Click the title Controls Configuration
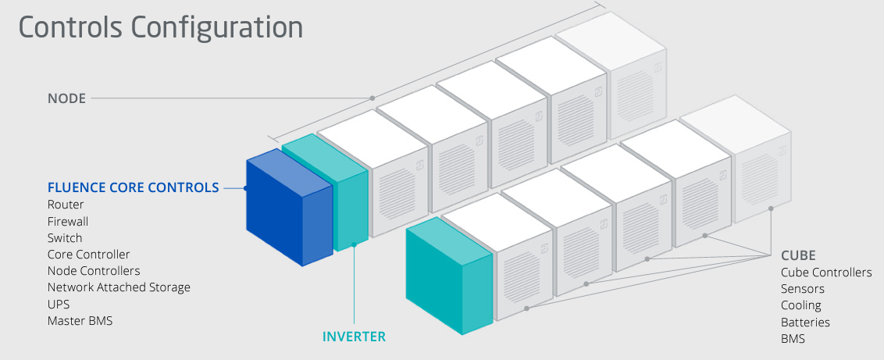pos(160,27)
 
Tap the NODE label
pos(66,98)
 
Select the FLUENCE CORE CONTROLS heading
pos(133,187)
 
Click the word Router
pos(66,205)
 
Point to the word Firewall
pos(68,221)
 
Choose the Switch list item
pos(65,237)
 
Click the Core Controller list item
pos(88,255)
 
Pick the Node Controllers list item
pos(94,271)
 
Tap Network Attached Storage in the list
pos(119,287)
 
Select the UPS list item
pos(59,304)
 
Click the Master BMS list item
pos(80,320)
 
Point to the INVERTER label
pos(354,337)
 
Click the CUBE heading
pos(798,255)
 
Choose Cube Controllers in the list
pos(826,273)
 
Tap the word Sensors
pos(803,289)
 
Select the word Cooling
pos(801,305)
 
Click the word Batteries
pos(805,322)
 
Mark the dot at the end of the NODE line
pos(372,98)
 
